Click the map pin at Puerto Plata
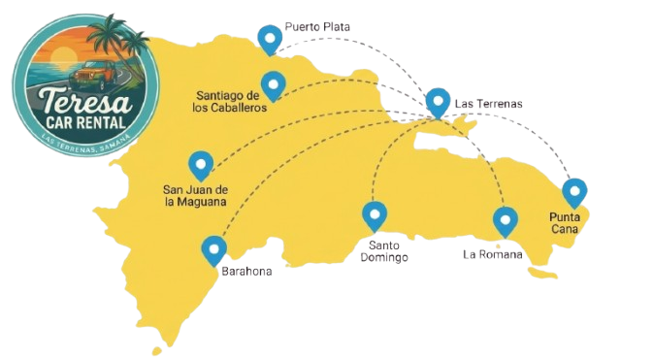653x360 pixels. (270, 37)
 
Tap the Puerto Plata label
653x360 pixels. (317, 28)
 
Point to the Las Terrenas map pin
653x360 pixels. (439, 101)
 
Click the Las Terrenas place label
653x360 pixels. (488, 103)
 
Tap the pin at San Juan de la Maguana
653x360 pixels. (201, 164)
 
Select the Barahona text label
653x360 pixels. (246, 272)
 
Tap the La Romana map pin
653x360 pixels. (504, 220)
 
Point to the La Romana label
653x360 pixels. (493, 255)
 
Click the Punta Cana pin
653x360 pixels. (574, 191)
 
